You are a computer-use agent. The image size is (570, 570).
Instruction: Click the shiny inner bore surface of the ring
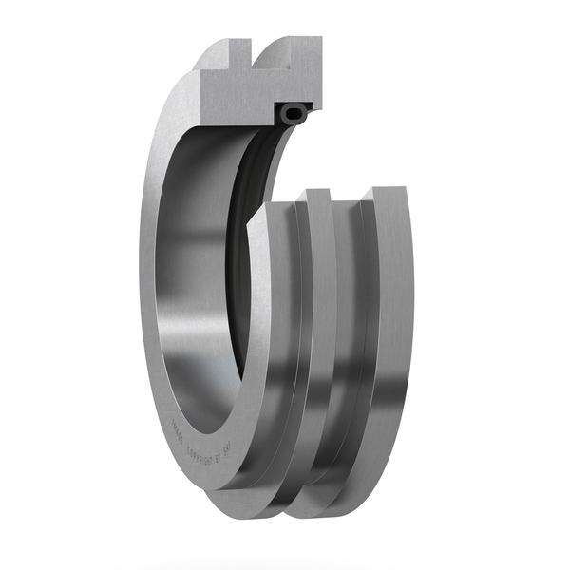click(x=195, y=285)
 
